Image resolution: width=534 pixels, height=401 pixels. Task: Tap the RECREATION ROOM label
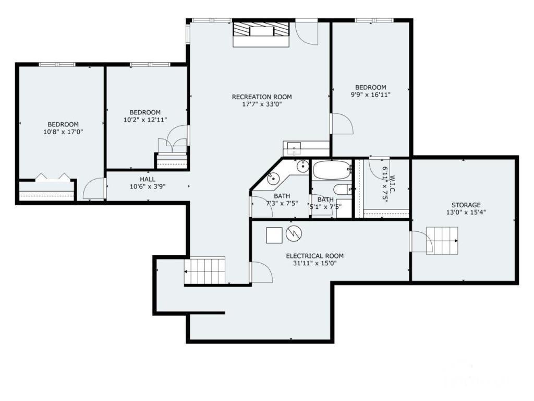coord(262,97)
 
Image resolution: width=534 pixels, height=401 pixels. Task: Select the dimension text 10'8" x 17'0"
coord(63,132)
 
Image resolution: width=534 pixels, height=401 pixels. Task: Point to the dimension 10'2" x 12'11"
coord(145,120)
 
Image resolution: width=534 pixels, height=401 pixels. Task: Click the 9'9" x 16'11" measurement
coord(370,95)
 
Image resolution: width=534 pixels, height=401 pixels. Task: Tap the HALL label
coord(147,179)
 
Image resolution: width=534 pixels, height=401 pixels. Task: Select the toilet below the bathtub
coord(343,190)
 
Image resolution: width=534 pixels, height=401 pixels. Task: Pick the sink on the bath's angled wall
coord(273,179)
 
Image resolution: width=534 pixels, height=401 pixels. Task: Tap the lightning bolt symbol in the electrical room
coord(294,234)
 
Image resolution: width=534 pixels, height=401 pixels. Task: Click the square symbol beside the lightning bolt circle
coord(274,235)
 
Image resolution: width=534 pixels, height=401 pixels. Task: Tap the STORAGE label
coord(466,205)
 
